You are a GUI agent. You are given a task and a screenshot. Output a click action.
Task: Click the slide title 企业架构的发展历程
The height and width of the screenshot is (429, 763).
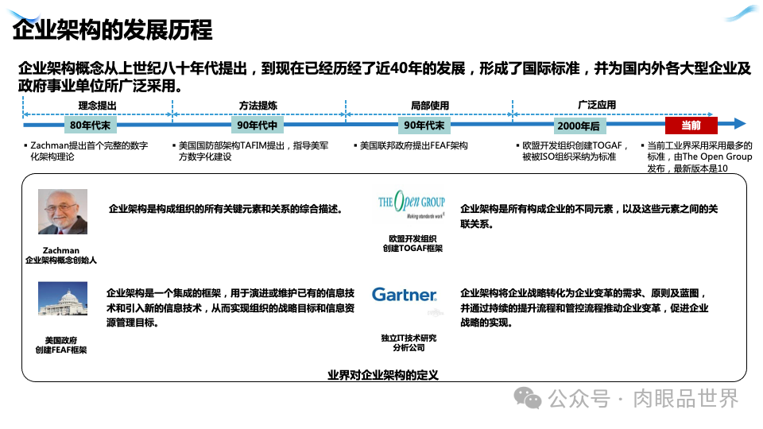tap(113, 30)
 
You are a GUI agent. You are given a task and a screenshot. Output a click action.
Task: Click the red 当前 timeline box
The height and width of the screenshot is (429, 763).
tap(691, 126)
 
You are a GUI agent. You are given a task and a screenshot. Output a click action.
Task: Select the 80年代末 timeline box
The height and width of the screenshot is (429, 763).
tap(90, 126)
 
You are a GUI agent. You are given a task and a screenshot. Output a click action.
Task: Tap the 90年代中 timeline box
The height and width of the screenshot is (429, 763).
tap(258, 126)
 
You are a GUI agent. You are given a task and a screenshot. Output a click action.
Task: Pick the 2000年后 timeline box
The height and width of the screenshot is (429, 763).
tap(579, 126)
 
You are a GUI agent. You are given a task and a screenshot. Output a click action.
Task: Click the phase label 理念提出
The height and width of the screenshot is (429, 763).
tap(97, 106)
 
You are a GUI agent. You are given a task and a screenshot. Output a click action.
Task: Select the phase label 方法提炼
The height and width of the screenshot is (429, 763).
tap(258, 106)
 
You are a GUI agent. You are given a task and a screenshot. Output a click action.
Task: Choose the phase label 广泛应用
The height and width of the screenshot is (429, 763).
tap(597, 106)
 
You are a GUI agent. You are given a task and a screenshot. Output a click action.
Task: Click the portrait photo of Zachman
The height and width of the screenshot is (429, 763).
tap(63, 211)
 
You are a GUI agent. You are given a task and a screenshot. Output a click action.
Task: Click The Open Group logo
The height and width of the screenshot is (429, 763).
tap(412, 207)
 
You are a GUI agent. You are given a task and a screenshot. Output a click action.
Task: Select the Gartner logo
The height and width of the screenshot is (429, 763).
tap(405, 295)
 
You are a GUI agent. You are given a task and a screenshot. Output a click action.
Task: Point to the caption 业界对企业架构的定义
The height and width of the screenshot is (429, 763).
tap(383, 375)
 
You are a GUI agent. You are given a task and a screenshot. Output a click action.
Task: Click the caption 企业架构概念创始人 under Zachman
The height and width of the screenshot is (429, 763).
tap(61, 260)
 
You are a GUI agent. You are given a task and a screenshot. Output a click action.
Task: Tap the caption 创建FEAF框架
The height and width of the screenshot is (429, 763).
tap(61, 350)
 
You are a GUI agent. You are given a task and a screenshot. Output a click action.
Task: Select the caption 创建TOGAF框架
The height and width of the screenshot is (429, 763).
tap(412, 249)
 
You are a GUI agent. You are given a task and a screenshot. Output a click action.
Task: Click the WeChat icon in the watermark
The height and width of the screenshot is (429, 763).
tap(527, 398)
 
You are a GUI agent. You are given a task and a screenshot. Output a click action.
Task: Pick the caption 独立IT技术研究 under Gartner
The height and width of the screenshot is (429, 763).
tap(409, 338)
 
